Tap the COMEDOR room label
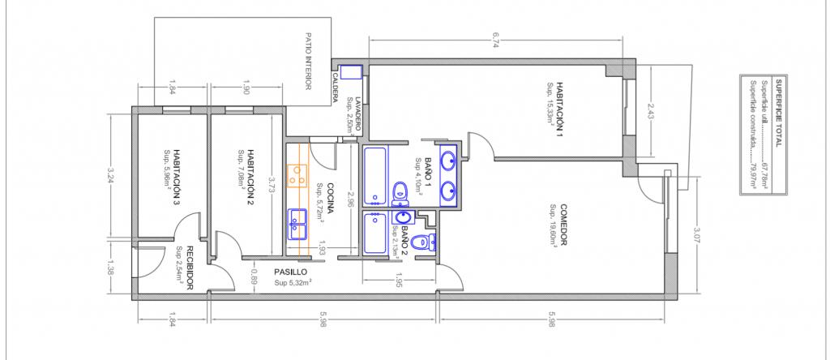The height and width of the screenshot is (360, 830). point(564,225)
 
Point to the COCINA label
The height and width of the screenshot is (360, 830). point(329,199)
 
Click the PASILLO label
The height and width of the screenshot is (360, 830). point(291,272)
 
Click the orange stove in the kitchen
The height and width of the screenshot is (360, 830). point(297,176)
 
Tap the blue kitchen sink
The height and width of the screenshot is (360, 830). point(297,225)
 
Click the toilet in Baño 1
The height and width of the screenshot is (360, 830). point(400,193)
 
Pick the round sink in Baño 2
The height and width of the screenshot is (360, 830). point(404,217)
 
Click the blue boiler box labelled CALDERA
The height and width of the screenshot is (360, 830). point(350,72)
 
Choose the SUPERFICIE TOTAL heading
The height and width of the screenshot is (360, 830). point(778,114)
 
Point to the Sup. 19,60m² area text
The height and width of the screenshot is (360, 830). point(554,225)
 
